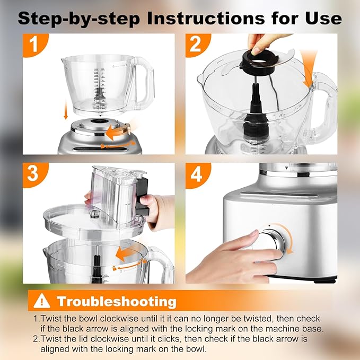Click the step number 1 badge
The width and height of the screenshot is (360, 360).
pyautogui.click(x=34, y=45)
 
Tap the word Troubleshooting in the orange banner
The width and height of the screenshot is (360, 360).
pyautogui.click(x=117, y=302)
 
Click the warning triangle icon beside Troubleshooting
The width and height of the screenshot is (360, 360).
pyautogui.click(x=41, y=301)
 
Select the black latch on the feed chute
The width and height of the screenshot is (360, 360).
pyautogui.click(x=141, y=197)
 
